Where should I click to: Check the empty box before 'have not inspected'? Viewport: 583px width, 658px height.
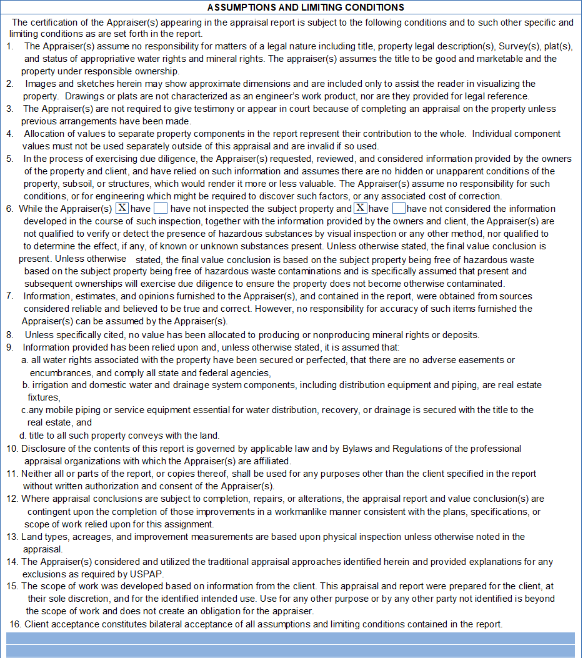161,209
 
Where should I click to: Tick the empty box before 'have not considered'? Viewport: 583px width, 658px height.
399,209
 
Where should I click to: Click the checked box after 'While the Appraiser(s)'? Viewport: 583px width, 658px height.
122,209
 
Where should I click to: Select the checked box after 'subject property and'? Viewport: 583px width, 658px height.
361,209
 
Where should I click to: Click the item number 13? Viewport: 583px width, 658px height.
12,537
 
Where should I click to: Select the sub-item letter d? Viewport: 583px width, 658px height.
22,436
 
